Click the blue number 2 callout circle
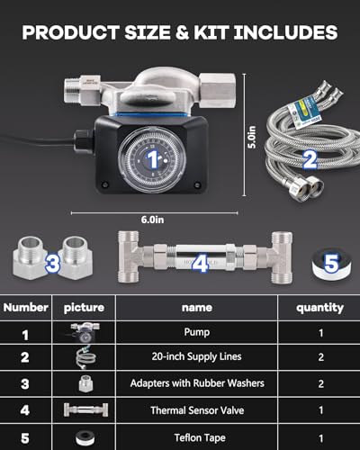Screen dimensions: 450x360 click(310, 161)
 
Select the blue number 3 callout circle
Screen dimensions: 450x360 click(52, 264)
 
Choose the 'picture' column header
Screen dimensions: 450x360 click(85, 307)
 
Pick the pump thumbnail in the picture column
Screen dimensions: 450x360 click(85, 331)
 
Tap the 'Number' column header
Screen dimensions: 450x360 click(26, 307)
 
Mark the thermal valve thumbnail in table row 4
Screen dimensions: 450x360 click(85, 409)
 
